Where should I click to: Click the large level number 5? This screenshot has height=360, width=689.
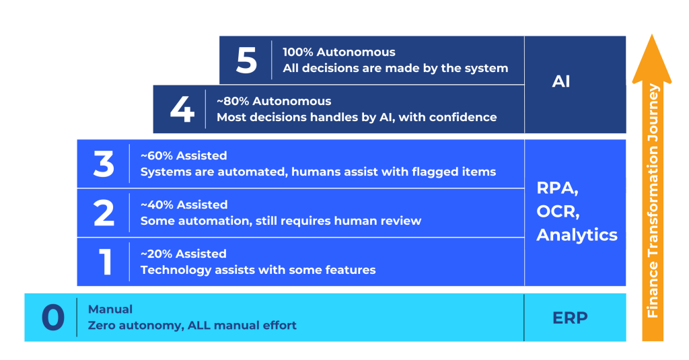point(246,60)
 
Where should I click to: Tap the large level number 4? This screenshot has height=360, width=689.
point(182,109)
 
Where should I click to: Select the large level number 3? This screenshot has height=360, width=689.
point(104,164)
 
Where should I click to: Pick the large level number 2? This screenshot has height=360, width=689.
point(104,213)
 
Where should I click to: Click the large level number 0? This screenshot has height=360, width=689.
point(53,318)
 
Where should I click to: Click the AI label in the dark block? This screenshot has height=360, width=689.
point(560,82)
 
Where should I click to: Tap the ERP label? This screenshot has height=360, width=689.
point(570,318)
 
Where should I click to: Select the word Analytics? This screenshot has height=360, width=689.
point(577,235)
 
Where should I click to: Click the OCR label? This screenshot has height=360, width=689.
point(558,212)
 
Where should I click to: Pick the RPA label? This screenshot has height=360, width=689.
point(558,188)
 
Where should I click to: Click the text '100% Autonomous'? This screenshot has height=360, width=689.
point(339,52)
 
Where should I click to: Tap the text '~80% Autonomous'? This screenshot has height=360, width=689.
point(274,101)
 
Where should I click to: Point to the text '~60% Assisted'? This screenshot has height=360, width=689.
point(184,155)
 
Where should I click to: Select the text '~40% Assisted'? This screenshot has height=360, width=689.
point(184,205)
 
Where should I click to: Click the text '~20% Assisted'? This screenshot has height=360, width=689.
point(184,254)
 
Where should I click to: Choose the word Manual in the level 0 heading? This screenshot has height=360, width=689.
point(110,310)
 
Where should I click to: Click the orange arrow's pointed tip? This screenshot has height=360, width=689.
point(652,35)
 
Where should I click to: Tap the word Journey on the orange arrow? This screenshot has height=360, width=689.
point(653,112)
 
